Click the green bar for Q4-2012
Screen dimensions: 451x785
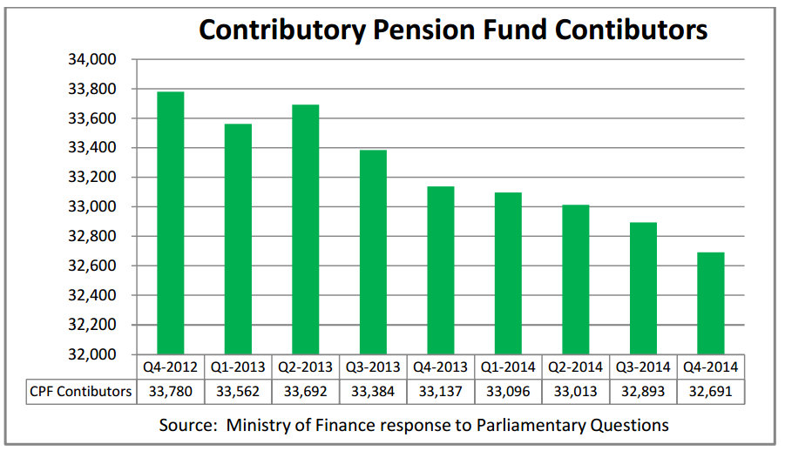pyautogui.click(x=170, y=222)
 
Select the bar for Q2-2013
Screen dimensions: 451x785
pyautogui.click(x=305, y=229)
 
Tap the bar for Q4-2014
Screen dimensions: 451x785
pyautogui.click(x=711, y=303)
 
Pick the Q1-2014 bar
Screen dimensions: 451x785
pyautogui.click(x=508, y=273)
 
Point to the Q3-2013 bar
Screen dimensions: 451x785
pyautogui.click(x=373, y=252)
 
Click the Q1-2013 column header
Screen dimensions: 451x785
pyautogui.click(x=238, y=367)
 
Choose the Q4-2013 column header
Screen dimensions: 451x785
pyautogui.click(x=441, y=367)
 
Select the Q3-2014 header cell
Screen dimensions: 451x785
pyautogui.click(x=643, y=367)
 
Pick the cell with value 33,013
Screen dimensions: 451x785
pyautogui.click(x=576, y=391)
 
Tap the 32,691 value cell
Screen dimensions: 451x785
pyautogui.click(x=711, y=391)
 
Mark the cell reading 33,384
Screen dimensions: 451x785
pyautogui.click(x=373, y=391)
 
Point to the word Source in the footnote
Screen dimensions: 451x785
pyautogui.click(x=186, y=425)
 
